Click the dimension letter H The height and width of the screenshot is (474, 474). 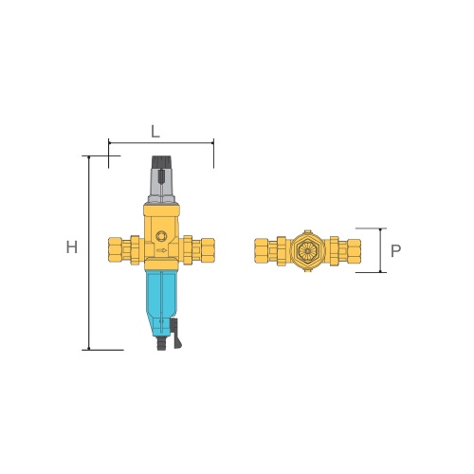click(x=71, y=247)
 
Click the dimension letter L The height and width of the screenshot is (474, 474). click(x=155, y=128)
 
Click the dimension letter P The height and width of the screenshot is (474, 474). click(x=396, y=251)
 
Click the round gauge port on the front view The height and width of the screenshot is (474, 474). click(x=160, y=235)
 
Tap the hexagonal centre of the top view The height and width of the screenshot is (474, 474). click(x=307, y=250)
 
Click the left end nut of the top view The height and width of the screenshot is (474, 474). click(x=263, y=250)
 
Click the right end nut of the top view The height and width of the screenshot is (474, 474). click(x=354, y=250)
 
